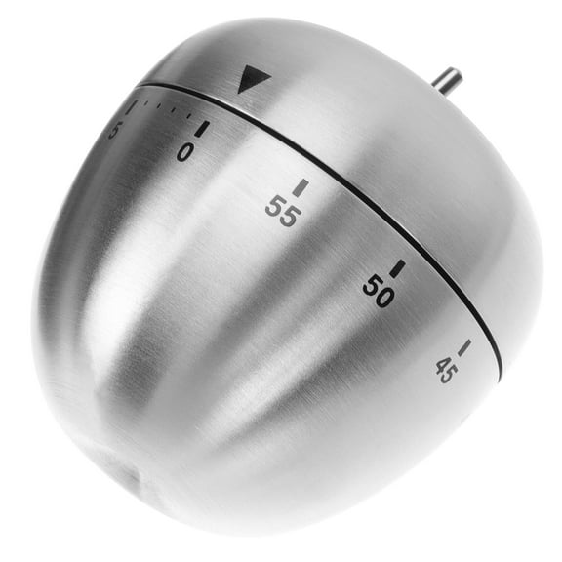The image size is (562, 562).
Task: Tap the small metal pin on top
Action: coord(448,81)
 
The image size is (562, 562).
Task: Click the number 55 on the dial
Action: coord(281,212)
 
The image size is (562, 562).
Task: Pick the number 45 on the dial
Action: coord(446,370)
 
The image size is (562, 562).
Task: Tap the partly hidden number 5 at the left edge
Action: coord(114,130)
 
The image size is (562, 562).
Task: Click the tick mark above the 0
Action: coord(202,128)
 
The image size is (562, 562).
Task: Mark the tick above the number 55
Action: coord(301,186)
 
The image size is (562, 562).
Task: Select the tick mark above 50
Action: coord(396,267)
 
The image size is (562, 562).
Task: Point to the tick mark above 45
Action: coord(463,347)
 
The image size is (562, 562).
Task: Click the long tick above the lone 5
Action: coord(132,106)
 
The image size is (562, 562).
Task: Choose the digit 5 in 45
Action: coord(451,363)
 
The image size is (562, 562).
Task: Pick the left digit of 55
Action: coord(273,207)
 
